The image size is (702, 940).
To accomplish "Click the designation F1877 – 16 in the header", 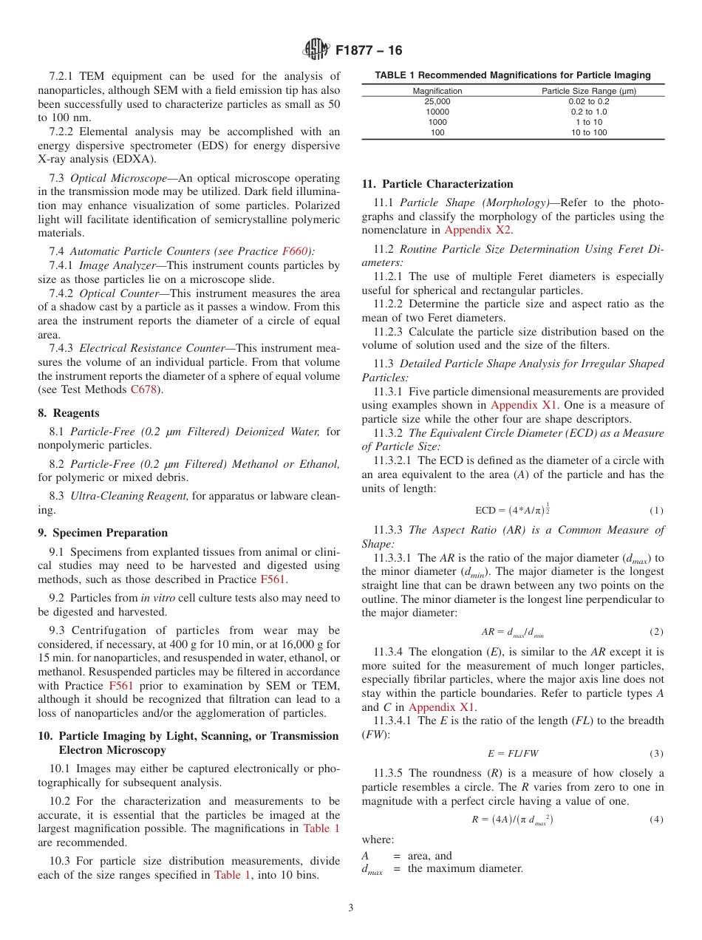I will pos(369,51).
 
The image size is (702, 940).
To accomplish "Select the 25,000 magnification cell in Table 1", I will pos(437,101).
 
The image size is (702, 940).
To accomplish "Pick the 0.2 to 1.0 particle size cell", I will pos(588,112).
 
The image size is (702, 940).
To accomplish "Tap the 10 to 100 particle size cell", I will pos(588,132).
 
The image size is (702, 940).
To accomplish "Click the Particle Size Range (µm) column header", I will pos(588,91).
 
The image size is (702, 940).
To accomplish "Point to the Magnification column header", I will pos(437,91).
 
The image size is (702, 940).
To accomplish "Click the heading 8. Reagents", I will pos(69,413).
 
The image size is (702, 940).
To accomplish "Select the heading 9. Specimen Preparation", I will pos(103,533).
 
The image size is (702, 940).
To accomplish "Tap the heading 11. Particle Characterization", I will pos(437,184).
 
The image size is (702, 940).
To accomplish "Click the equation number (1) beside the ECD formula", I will pos(656,511).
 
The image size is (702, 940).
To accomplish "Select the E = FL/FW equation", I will pos(513,754).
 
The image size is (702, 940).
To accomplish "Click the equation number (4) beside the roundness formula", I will pos(656,820).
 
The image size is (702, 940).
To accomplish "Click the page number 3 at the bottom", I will pos(351,908).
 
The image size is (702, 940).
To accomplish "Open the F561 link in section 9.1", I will pos(273,579).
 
